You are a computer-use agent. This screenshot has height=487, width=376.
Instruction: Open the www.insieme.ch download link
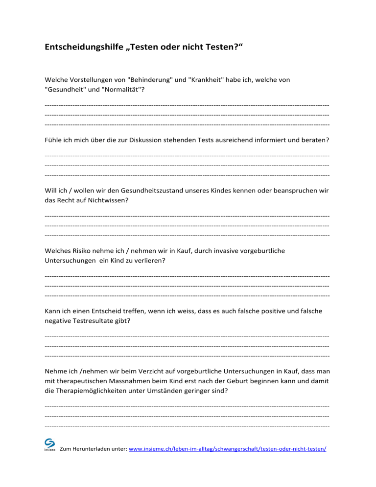click(x=227, y=448)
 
